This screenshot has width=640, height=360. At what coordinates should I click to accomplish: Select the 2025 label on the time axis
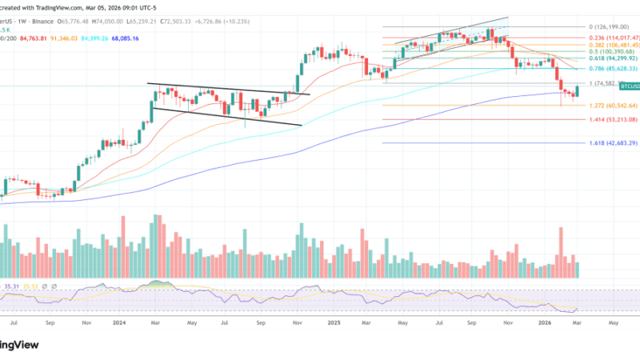coord(334,323)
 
